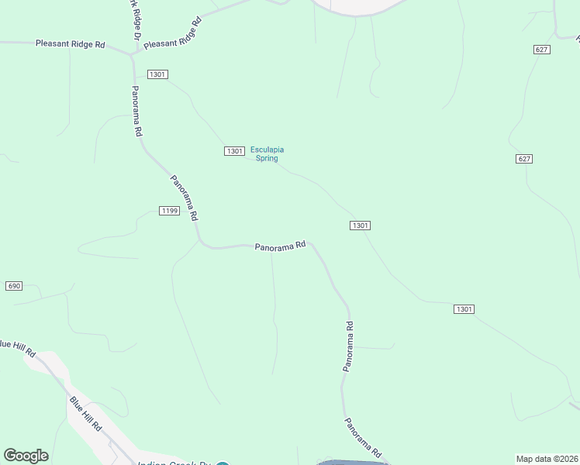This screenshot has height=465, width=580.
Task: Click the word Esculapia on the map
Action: coord(267,150)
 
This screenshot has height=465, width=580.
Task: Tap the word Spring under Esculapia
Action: coord(267,158)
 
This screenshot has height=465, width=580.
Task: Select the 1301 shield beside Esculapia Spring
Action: coord(235,150)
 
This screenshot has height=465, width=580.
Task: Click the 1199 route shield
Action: coord(169,211)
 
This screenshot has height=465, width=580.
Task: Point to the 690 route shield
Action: coord(14,286)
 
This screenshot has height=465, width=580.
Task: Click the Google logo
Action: coord(26,456)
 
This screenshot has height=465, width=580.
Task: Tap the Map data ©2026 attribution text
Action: coord(547,459)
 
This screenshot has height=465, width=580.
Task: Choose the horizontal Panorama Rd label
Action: coord(280,246)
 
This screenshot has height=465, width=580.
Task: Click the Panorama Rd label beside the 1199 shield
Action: coord(185,198)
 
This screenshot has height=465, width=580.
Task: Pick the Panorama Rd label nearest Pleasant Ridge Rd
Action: coord(137,111)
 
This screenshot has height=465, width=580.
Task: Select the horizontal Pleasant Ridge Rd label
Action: coord(70,44)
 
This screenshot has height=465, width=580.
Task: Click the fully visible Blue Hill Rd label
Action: coord(86,415)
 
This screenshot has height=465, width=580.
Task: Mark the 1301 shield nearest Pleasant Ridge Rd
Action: coord(157,74)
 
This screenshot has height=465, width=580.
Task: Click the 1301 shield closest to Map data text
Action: coord(464,309)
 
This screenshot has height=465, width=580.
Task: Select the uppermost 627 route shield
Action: coord(542,49)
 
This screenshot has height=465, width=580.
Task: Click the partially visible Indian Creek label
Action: coord(174,463)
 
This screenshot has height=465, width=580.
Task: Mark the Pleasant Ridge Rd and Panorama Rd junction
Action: coord(133,55)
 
